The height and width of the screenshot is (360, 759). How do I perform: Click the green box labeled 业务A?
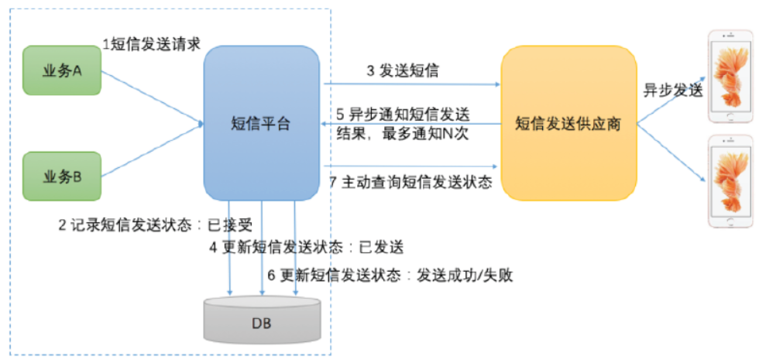coord(62,70)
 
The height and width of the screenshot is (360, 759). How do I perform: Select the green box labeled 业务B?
coord(62,176)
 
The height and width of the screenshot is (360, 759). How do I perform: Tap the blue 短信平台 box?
coord(261,123)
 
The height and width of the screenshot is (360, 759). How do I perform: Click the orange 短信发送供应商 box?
coord(568,123)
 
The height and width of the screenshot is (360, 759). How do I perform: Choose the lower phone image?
coord(730,181)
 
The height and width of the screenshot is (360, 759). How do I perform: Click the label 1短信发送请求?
coord(152,44)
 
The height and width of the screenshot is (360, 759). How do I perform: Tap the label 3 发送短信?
coord(403,71)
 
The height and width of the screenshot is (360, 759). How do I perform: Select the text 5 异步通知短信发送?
coord(402,113)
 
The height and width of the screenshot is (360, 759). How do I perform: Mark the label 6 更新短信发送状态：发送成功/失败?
coord(390,275)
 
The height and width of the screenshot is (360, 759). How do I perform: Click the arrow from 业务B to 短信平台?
coord(151,151)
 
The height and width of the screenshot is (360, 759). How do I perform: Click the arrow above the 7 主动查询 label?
coord(410,166)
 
